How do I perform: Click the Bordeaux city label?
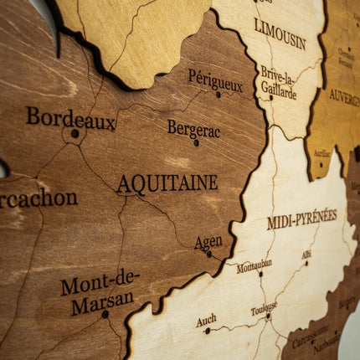(70, 118)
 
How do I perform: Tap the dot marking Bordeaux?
(75, 133)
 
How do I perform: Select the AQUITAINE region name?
(167, 183)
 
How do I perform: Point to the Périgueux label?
(215, 80)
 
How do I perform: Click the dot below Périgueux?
(219, 95)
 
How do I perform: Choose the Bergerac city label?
(193, 129)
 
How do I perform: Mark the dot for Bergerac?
(197, 142)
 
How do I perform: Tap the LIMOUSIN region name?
(280, 33)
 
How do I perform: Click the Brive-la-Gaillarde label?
(278, 83)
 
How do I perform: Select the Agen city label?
(208, 242)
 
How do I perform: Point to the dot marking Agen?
(209, 254)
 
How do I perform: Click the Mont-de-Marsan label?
(100, 291)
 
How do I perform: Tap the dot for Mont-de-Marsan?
(105, 314)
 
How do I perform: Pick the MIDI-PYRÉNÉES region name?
(301, 220)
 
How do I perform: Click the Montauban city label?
(254, 266)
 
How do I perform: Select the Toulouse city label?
(263, 309)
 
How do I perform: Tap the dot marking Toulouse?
(268, 316)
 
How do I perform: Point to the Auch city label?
(206, 320)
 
